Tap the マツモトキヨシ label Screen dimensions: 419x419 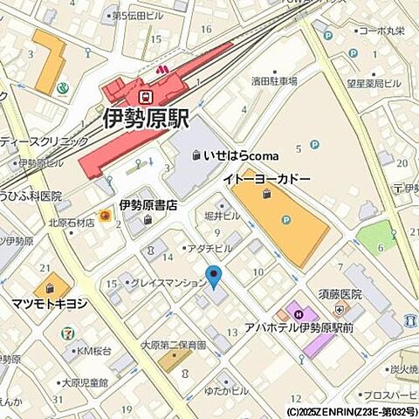click(x=49, y=304)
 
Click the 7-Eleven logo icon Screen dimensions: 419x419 click(x=67, y=333)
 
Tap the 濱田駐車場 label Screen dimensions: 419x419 click(x=274, y=81)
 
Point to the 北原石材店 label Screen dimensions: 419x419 click(x=71, y=222)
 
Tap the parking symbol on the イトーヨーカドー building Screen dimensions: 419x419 click(x=285, y=220)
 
